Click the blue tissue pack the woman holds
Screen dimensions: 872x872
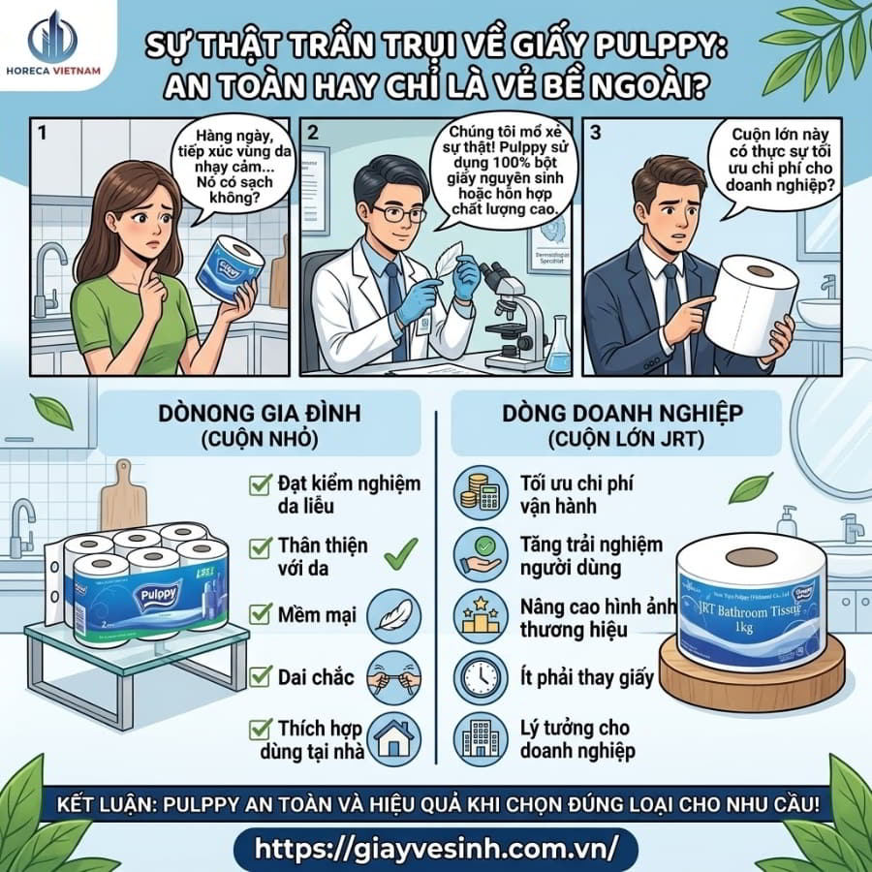229,265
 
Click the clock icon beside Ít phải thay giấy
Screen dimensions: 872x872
478,673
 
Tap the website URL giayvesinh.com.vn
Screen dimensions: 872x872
435,847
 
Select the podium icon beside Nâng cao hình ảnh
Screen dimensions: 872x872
478,613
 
